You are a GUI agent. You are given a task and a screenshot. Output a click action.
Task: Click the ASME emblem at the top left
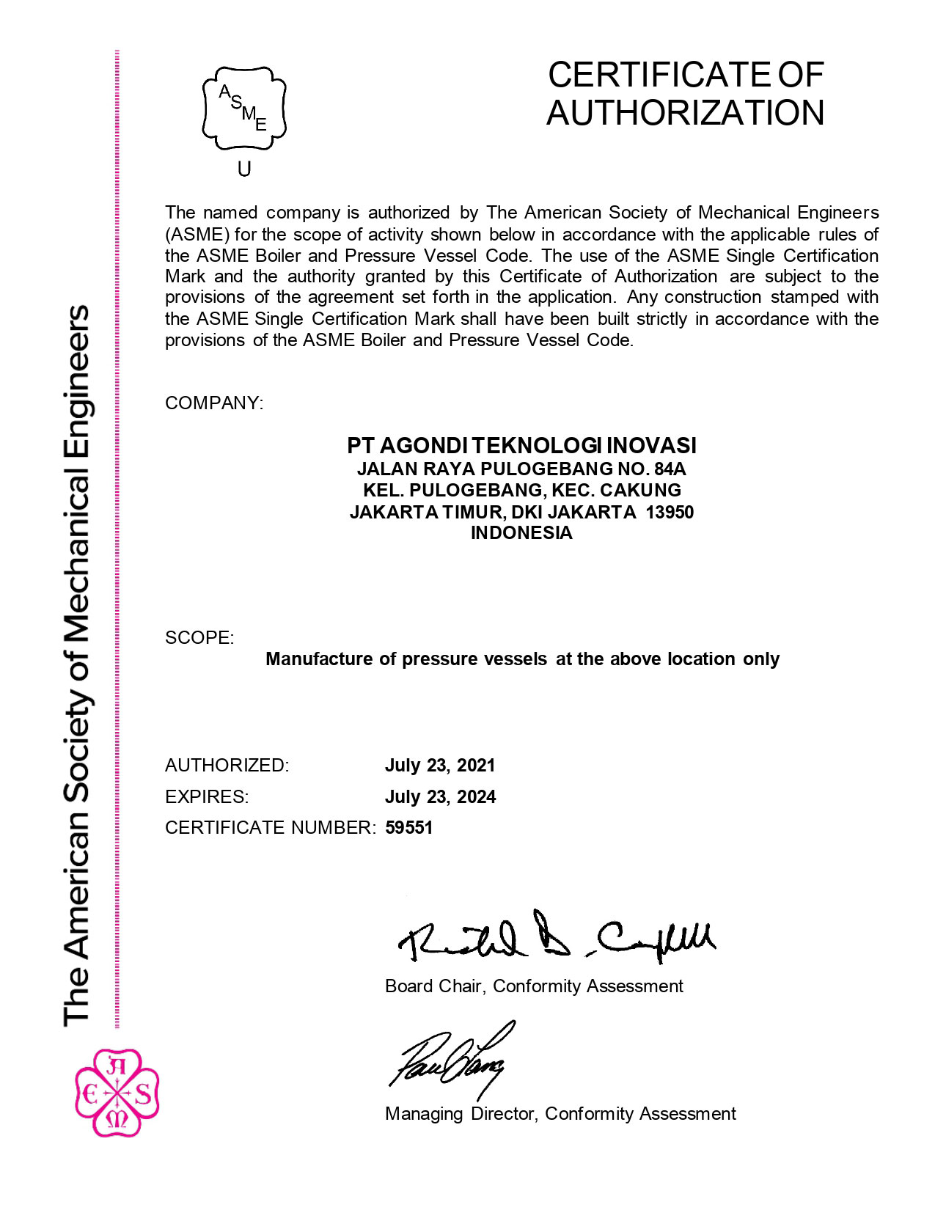tap(244, 109)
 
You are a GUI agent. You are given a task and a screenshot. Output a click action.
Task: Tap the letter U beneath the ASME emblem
tap(244, 169)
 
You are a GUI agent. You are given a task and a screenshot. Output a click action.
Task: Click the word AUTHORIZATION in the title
tap(686, 114)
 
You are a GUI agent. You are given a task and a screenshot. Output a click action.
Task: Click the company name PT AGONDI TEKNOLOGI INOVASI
tap(521, 445)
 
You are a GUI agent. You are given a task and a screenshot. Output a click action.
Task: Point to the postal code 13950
tap(670, 512)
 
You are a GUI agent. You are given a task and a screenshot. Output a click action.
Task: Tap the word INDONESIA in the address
tap(521, 533)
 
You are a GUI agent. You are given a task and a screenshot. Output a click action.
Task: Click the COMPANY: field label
tap(213, 403)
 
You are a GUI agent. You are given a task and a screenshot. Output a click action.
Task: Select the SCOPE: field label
tap(199, 638)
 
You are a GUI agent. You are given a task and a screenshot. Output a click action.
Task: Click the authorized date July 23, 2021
tap(440, 766)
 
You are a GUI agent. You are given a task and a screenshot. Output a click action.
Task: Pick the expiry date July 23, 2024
tap(440, 797)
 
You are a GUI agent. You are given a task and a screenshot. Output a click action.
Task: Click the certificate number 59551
tap(409, 828)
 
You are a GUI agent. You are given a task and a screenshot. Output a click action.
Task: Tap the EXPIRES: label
tap(207, 797)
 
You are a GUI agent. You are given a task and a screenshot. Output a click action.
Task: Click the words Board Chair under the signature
tap(433, 986)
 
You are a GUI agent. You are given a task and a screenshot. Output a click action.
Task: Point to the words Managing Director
tap(462, 1114)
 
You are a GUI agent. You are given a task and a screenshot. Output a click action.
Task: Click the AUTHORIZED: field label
tap(227, 766)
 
